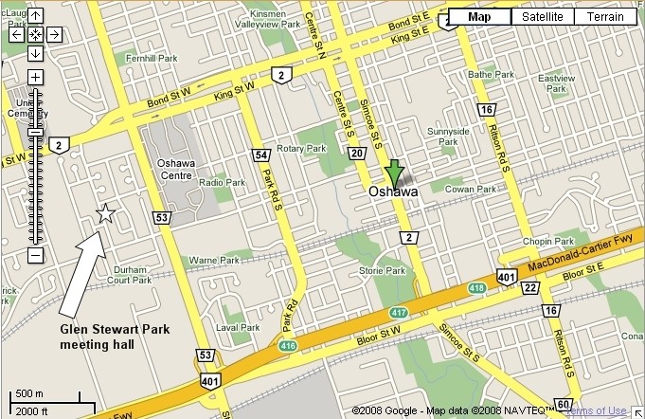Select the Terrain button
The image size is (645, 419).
click(x=604, y=16)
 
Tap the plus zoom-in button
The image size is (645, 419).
click(x=35, y=77)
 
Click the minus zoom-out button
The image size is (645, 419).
click(x=35, y=255)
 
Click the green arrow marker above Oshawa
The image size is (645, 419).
click(x=393, y=174)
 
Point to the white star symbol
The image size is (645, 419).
click(x=104, y=215)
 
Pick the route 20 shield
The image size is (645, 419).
click(x=356, y=154)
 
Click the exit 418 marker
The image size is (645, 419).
click(x=476, y=287)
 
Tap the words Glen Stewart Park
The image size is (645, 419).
click(x=110, y=331)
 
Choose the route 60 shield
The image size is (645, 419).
click(x=564, y=403)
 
